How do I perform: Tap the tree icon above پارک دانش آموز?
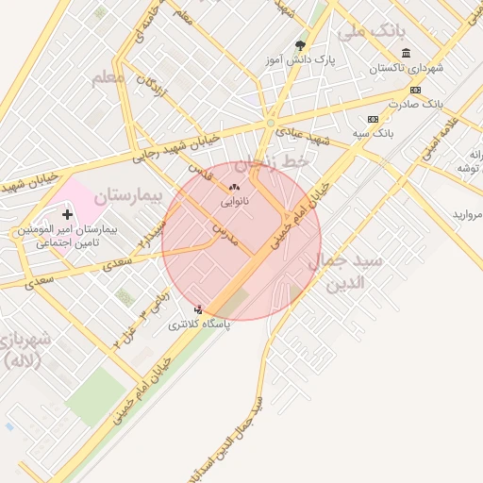pyautogui.click(x=301, y=45)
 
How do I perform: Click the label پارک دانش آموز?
pyautogui.click(x=300, y=59)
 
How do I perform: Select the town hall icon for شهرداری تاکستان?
pyautogui.click(x=406, y=53)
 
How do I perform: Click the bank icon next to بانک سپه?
pyautogui.click(x=373, y=120)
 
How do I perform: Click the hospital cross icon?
pyautogui.click(x=67, y=215)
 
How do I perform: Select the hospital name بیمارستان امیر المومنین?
pyautogui.click(x=65, y=230)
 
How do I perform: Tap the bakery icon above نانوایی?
pyautogui.click(x=234, y=188)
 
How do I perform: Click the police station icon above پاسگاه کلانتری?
pyautogui.click(x=198, y=309)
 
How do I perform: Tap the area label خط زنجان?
pyautogui.click(x=272, y=163)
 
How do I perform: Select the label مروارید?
pyautogui.click(x=467, y=215)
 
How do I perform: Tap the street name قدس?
pyautogui.click(x=198, y=171)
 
